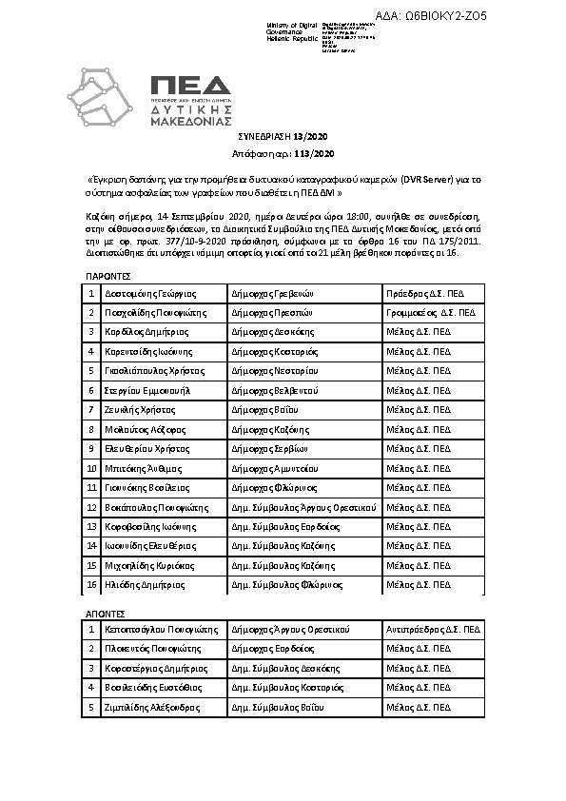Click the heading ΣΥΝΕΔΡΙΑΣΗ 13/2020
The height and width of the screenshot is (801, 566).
pyautogui.click(x=282, y=138)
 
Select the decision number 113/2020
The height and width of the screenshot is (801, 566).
pyautogui.click(x=315, y=153)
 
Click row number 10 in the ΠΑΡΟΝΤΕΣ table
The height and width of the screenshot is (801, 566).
pyautogui.click(x=92, y=466)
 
